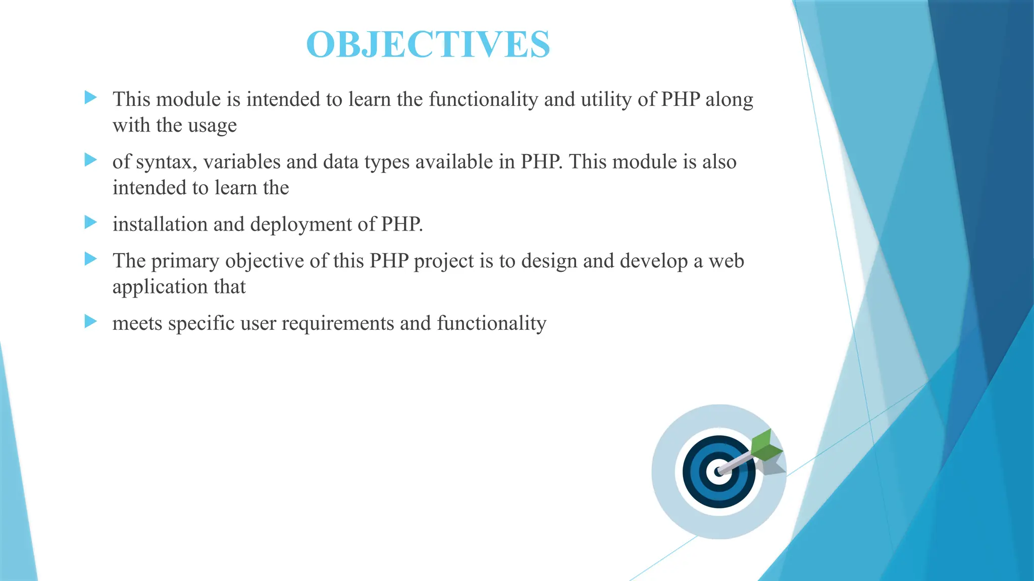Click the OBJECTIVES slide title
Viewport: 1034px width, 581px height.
click(428, 44)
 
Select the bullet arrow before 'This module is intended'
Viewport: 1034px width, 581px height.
click(90, 97)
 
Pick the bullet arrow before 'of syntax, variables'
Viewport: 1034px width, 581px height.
click(90, 160)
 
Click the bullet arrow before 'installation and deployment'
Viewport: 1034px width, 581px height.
click(90, 222)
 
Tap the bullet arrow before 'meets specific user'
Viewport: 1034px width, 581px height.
click(90, 321)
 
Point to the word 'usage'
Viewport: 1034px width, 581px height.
click(212, 126)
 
